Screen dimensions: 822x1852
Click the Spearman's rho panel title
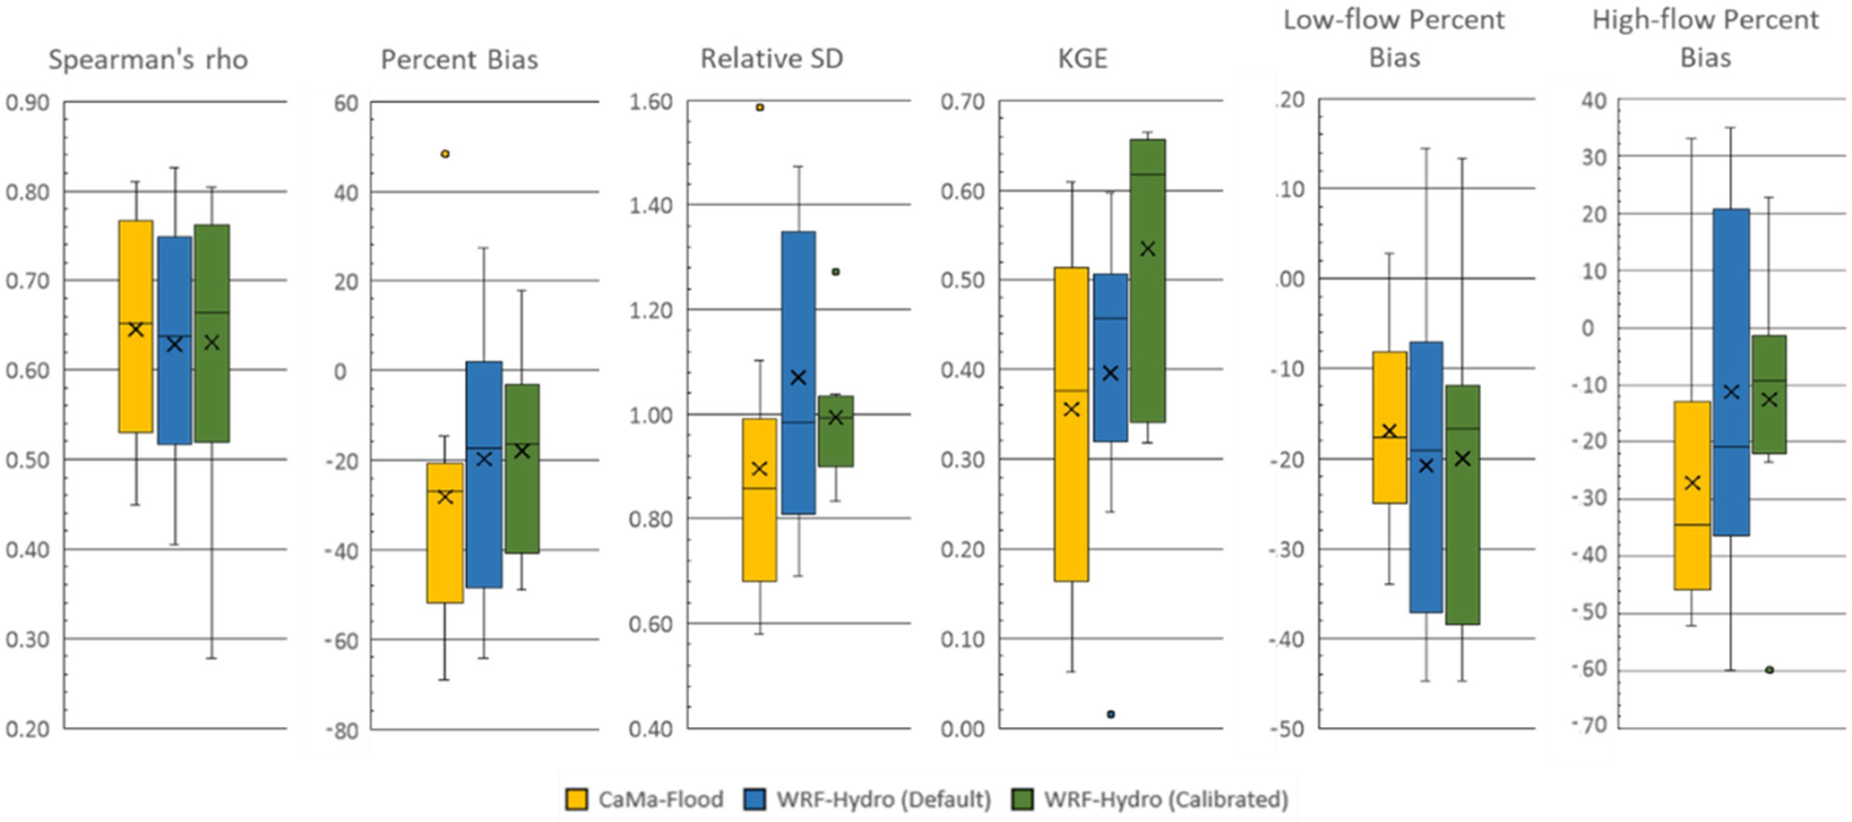(148, 60)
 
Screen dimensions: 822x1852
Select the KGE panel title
(1082, 59)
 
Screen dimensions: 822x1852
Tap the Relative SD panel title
(771, 59)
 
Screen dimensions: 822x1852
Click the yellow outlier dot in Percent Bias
(445, 154)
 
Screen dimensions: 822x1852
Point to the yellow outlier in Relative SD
(760, 107)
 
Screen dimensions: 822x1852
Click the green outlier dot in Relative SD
(835, 271)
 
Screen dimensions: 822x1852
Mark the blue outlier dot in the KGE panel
(1111, 714)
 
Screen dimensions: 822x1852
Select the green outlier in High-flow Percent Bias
(1770, 670)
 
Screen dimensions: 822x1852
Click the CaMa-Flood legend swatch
(578, 799)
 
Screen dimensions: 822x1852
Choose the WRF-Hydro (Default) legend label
(883, 799)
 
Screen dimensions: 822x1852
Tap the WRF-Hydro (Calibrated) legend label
(1166, 799)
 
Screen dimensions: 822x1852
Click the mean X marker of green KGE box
(1148, 249)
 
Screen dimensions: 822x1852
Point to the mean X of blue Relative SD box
(797, 378)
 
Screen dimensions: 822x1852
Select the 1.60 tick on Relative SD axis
(650, 102)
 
